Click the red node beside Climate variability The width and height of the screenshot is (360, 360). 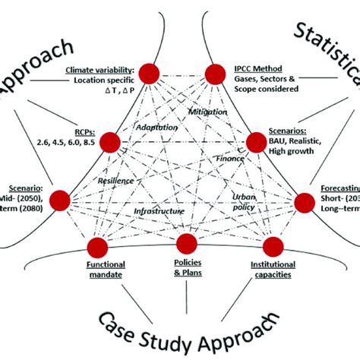[x=150, y=73]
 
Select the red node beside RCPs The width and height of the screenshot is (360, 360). [x=109, y=141]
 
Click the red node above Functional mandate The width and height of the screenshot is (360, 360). [x=96, y=247]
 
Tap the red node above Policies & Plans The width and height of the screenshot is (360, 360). [x=186, y=243]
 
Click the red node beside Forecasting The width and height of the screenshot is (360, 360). [x=304, y=201]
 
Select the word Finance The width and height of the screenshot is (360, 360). [x=229, y=159]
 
